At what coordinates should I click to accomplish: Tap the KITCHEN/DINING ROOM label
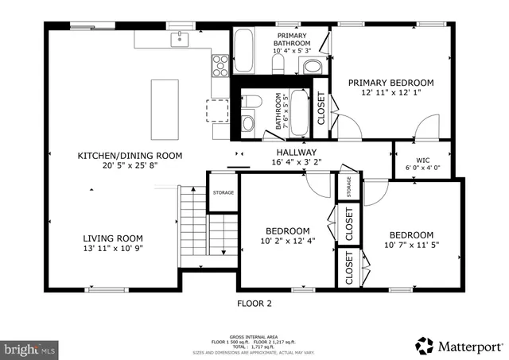tap(130, 156)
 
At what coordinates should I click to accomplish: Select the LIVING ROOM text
tap(113, 238)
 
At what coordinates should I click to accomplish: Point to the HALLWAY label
tap(297, 153)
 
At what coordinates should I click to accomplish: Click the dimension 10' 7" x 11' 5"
tap(411, 246)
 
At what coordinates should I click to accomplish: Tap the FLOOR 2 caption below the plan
tap(254, 303)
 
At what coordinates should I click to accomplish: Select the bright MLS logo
tap(31, 348)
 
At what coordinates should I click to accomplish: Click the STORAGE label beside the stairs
tap(223, 192)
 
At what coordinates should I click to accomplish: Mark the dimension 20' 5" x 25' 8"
tap(130, 166)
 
